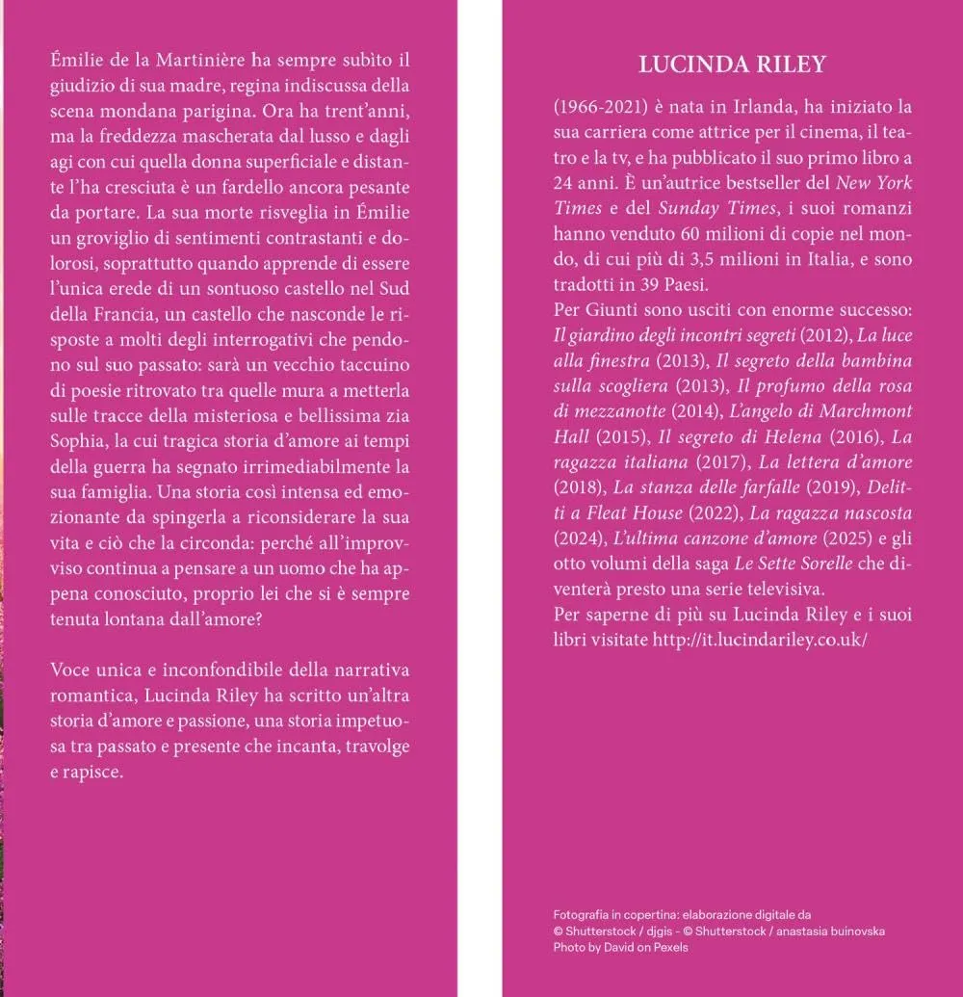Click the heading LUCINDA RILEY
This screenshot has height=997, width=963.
click(x=732, y=65)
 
